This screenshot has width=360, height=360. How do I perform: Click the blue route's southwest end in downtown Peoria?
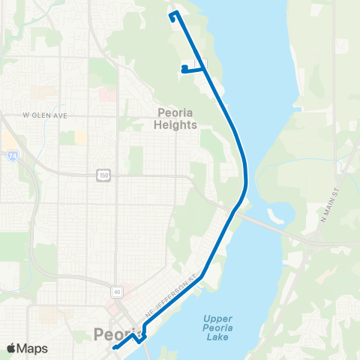pyautogui.click(x=114, y=348)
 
